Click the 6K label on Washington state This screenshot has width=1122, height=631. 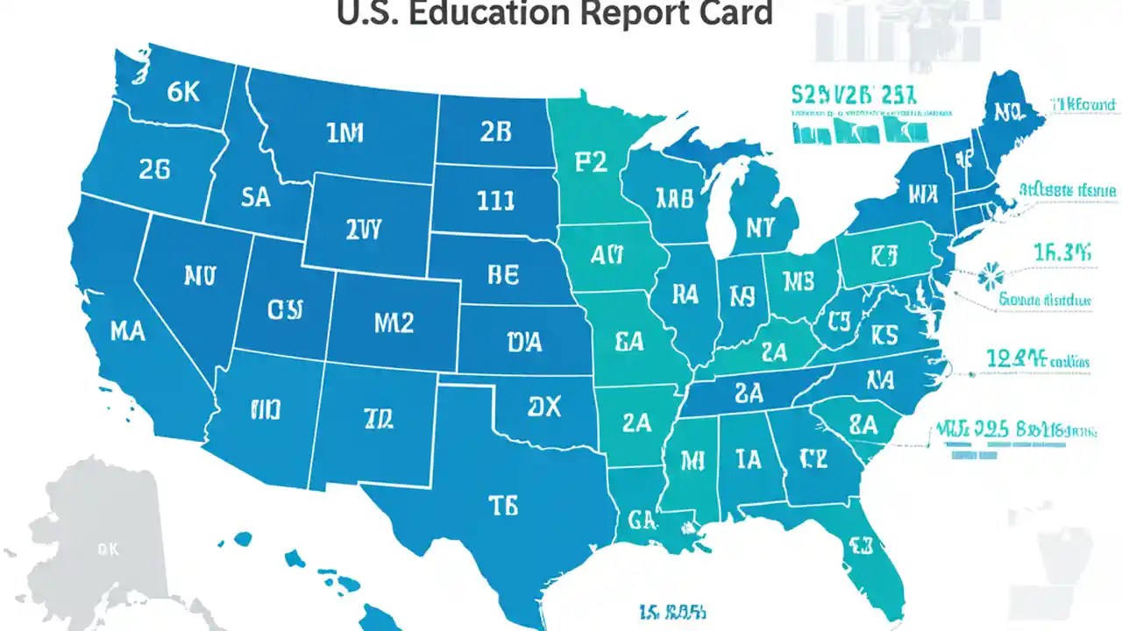point(183,93)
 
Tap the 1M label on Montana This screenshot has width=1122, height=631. point(344,133)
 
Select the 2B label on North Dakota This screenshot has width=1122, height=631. point(495,131)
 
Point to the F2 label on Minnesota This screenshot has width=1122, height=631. point(591,163)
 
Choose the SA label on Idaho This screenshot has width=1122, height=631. point(255,198)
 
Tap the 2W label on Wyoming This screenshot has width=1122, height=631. point(364,230)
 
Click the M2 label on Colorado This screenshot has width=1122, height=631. point(394,323)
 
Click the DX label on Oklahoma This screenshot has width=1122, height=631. point(543,407)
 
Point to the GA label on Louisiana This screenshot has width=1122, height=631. point(642,520)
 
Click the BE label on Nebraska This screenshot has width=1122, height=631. point(503,274)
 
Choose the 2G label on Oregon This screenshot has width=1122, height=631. point(154,170)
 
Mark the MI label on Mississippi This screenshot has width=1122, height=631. point(692,458)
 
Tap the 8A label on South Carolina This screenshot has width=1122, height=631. point(863,425)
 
